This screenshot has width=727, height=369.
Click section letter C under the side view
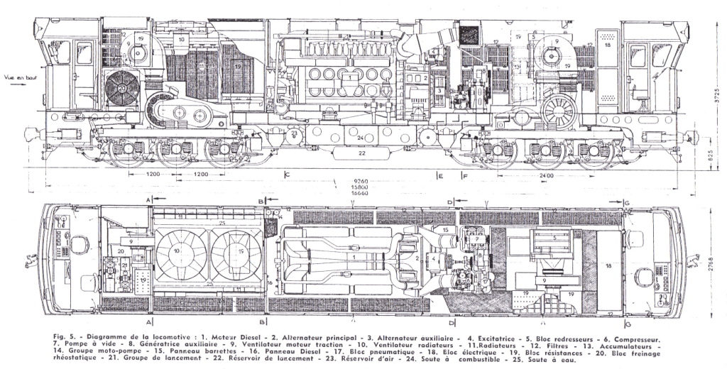click(x=287, y=175)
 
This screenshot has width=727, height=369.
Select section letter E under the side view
click(x=441, y=175)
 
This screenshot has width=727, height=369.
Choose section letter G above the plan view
click(x=628, y=202)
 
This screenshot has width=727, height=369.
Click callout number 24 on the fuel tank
click(x=361, y=137)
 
